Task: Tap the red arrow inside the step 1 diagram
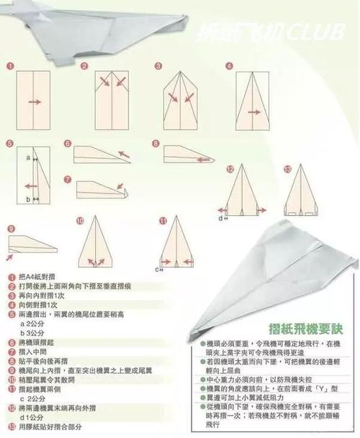pyautogui.click(x=35, y=101)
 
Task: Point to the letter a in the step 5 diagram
pyautogui.click(x=27, y=156)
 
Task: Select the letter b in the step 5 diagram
pyautogui.click(x=27, y=199)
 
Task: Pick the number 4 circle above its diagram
pyautogui.click(x=230, y=65)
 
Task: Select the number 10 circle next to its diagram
pyautogui.click(x=79, y=220)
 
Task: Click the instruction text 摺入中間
pyautogui.click(x=32, y=352)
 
